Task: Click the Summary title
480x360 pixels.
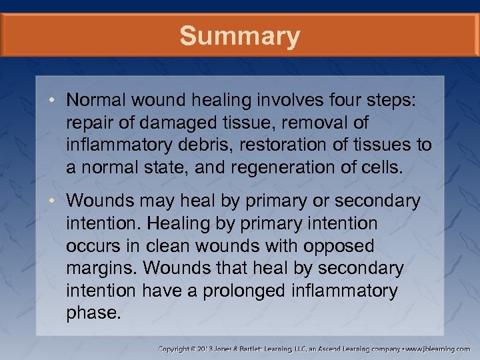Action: coord(239,36)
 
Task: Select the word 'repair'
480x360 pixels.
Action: coord(89,123)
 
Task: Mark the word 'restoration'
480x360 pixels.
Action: coord(297,145)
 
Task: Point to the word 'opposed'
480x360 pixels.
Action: coord(339,246)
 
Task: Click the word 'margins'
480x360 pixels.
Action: coord(101,269)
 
